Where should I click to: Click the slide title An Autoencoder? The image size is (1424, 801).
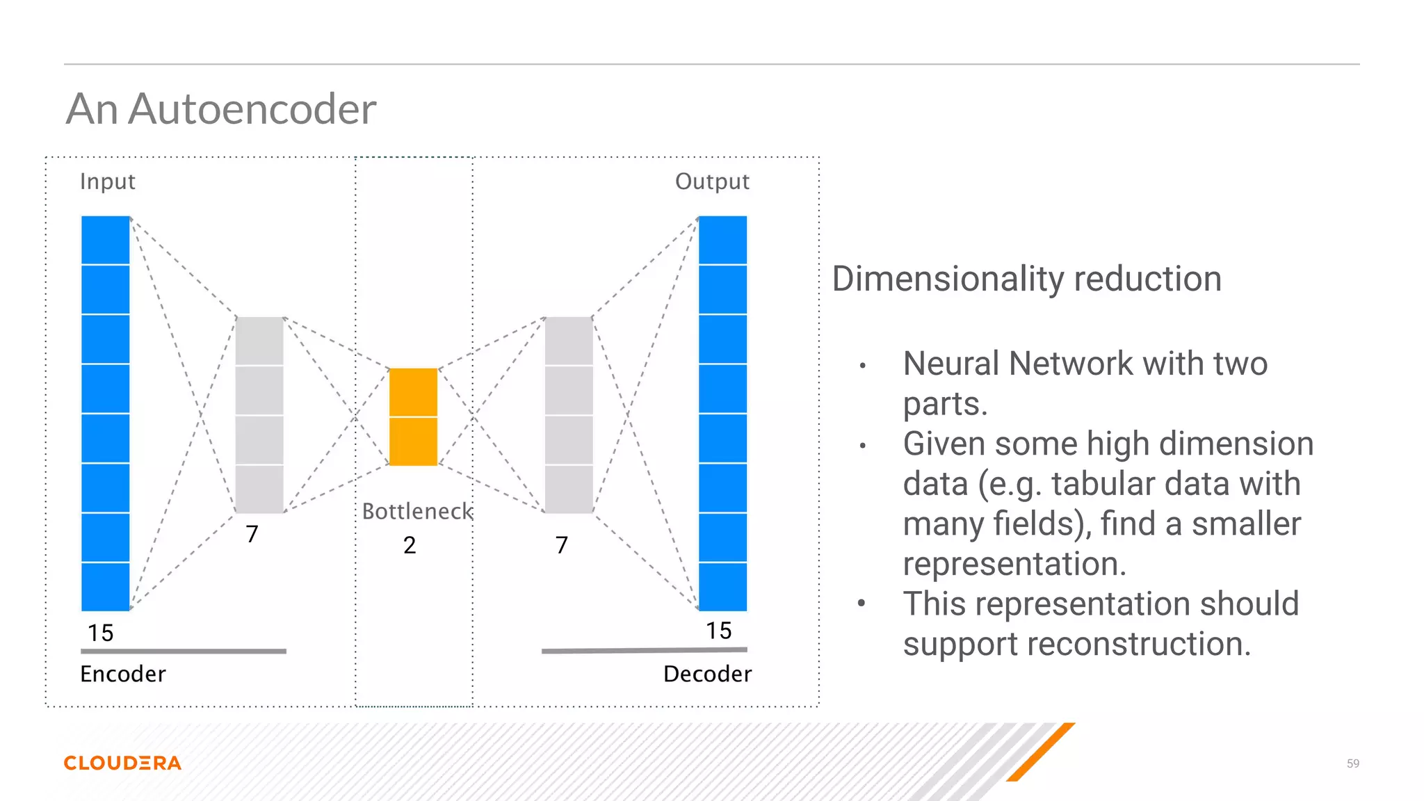[221, 109]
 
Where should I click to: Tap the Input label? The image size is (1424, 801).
[107, 181]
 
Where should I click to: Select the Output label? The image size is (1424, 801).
[712, 181]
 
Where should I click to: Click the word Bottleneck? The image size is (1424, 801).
[417, 511]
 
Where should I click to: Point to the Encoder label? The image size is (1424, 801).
[123, 674]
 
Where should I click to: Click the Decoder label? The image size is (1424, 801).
[707, 674]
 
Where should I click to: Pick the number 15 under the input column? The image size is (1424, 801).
[100, 633]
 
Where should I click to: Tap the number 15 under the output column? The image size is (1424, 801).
[718, 631]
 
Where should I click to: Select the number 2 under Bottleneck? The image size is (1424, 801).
[410, 545]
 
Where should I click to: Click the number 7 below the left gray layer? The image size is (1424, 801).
[252, 534]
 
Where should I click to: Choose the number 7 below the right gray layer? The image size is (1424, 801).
[562, 545]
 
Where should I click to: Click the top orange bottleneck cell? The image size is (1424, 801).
[413, 392]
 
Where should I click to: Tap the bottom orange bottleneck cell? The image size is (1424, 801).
[413, 442]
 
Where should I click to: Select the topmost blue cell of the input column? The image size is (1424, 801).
[106, 240]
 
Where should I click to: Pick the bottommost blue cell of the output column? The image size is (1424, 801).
[722, 587]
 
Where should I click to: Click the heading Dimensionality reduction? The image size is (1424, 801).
[1026, 279]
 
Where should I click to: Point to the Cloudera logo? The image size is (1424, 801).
[122, 763]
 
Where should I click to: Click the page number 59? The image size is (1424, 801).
[1352, 763]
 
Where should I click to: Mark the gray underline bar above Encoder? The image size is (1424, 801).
[184, 652]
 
